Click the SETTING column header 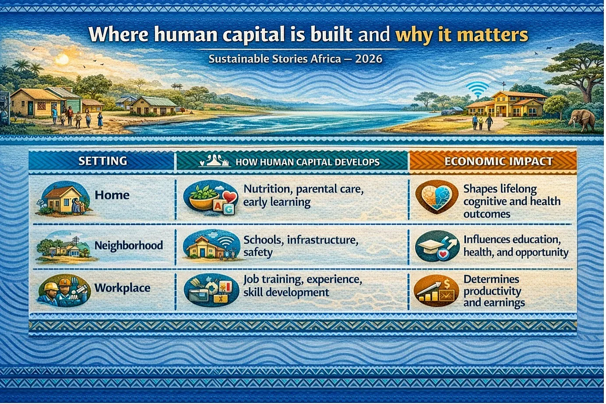click(102, 161)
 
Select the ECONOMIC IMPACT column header click(499, 161)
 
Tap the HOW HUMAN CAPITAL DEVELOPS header click(308, 162)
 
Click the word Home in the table click(112, 195)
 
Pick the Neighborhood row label click(129, 245)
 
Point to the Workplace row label click(122, 288)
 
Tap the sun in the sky click(62, 59)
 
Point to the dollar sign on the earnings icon click(447, 284)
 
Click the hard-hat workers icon click(64, 290)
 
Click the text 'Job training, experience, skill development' click(303, 286)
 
